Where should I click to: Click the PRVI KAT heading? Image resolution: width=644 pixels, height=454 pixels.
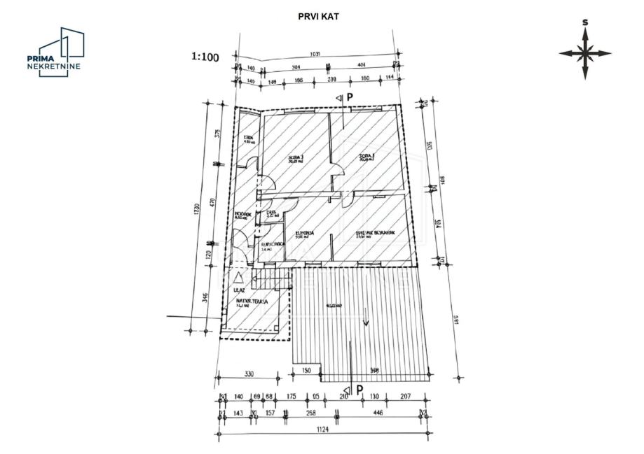318,15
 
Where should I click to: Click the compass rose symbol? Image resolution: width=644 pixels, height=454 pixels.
585,52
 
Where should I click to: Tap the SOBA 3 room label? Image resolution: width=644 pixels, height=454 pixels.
296,158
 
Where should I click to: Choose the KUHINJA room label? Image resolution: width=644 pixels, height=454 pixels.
304,233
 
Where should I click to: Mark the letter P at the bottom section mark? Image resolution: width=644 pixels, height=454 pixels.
359,390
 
